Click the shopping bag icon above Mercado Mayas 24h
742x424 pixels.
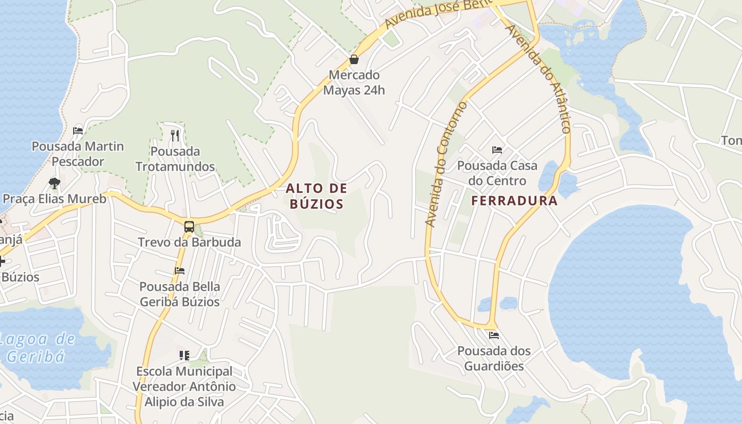(x=354, y=59)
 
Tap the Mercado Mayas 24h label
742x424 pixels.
(x=354, y=83)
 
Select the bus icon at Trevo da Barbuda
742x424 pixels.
(x=189, y=227)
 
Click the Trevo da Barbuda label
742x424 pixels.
(x=189, y=242)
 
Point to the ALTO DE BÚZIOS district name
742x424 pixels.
(x=317, y=196)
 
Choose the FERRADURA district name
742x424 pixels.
(x=514, y=201)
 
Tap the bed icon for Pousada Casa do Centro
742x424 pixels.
(x=497, y=150)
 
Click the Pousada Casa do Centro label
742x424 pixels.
(x=497, y=173)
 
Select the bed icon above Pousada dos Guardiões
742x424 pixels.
(x=494, y=335)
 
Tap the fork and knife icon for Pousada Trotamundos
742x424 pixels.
(x=175, y=136)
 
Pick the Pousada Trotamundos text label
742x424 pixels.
(x=175, y=159)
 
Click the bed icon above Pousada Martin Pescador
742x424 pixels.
(x=78, y=130)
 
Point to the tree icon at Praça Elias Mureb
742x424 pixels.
(x=54, y=183)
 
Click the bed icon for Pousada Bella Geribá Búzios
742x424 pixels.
(x=180, y=271)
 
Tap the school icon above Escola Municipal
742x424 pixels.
(x=184, y=355)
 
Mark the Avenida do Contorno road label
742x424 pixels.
(x=447, y=164)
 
